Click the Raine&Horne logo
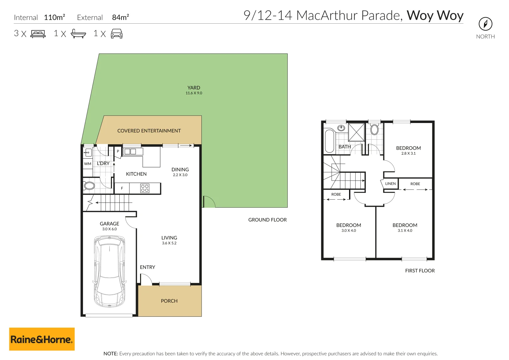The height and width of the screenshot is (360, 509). pos(42,339)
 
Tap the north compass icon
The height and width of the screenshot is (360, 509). pos(485,24)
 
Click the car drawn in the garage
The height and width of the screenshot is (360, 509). pos(109,271)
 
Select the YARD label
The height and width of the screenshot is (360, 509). pos(194,88)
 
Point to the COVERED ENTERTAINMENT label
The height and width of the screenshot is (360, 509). pos(149,131)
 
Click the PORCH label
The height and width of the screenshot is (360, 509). pos(169,301)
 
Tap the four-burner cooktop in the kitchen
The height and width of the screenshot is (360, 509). pos(145,188)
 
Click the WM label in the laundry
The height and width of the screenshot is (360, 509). pos(88,164)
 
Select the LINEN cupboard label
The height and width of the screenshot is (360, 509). pos(390,184)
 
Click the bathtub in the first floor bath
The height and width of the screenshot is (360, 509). pos(329,141)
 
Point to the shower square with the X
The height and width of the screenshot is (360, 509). pos(356,132)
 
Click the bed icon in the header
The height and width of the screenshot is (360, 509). pos(38,34)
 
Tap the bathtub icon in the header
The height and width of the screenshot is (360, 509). pos(78,34)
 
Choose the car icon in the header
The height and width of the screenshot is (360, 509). pos(117,34)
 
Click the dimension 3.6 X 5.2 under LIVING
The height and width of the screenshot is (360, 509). pos(169,243)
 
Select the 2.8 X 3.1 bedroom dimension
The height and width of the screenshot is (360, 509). pos(408,153)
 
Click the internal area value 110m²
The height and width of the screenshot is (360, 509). pos(54,17)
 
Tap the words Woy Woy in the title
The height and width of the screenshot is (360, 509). pos(435,15)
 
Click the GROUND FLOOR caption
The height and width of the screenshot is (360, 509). pos(267,220)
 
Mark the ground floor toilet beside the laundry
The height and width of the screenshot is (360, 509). pos(89,186)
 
